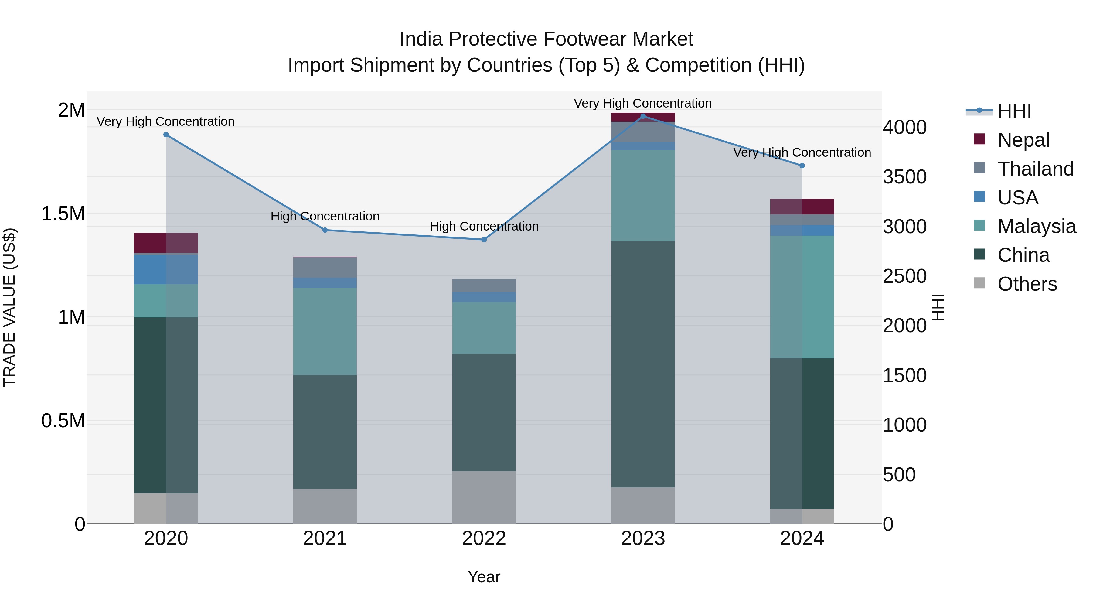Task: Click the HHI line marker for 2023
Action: point(643,116)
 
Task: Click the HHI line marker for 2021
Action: point(325,230)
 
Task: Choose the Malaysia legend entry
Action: point(1037,226)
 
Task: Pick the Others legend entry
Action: point(1027,284)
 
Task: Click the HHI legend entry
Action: point(1014,111)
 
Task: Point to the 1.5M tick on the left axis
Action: point(63,214)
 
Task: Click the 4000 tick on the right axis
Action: point(905,127)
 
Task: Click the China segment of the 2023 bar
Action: point(643,364)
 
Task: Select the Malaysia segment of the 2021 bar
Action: point(325,331)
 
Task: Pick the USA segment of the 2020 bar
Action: point(166,269)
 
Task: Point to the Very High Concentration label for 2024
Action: point(802,152)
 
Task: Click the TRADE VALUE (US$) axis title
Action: point(9,307)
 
